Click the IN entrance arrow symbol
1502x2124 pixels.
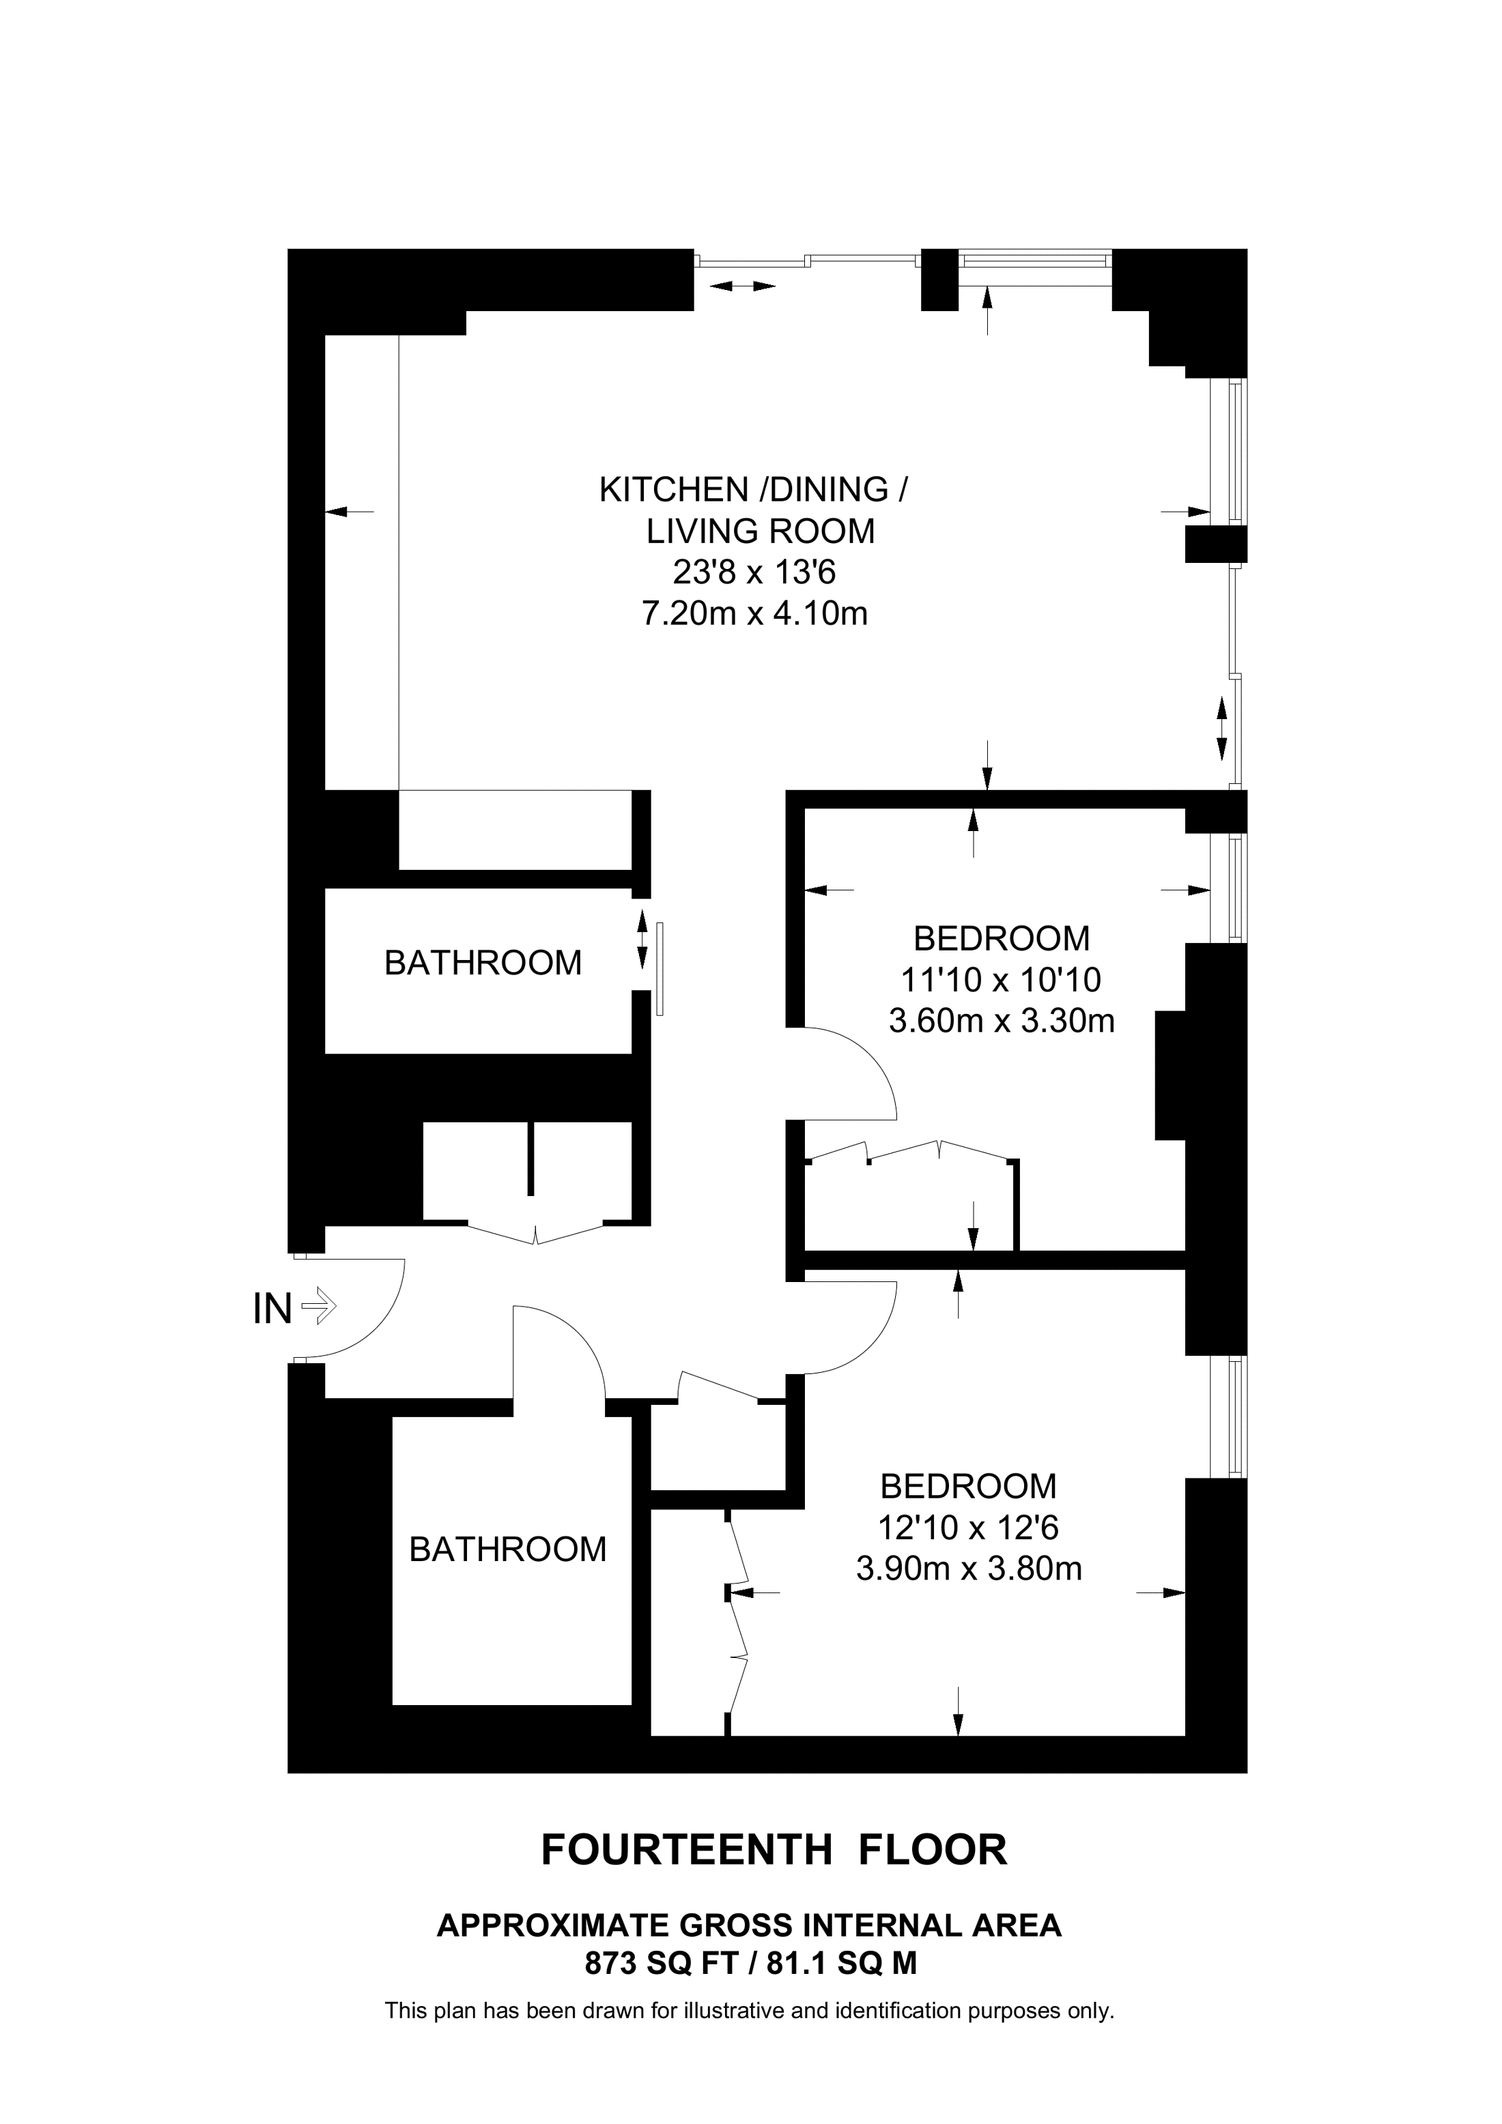click(320, 1307)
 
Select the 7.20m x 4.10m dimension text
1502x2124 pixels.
click(754, 613)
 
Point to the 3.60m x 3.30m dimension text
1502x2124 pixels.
click(1002, 1021)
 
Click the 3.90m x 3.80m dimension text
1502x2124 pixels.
click(969, 1569)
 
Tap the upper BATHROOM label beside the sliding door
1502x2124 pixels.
click(483, 963)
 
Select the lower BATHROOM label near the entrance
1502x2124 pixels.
click(508, 1550)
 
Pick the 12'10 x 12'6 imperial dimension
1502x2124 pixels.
click(969, 1527)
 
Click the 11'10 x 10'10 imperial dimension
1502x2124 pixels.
click(1002, 980)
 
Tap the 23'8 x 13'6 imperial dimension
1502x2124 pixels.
click(754, 572)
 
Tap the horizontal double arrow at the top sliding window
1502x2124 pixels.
click(742, 286)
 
